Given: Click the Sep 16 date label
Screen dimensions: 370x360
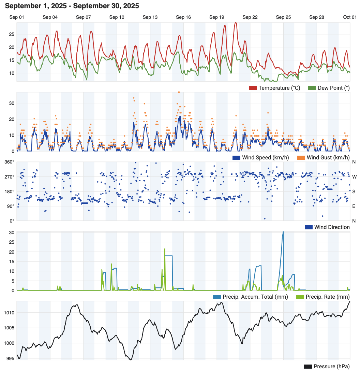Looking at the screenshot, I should [x=183, y=17].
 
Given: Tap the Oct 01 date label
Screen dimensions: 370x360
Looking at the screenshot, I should [x=350, y=17].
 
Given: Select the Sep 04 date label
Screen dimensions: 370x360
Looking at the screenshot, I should [x=50, y=17].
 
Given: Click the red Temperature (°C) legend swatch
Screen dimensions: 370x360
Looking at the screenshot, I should [x=253, y=88].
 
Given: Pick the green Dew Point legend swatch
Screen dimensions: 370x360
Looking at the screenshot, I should [x=312, y=88].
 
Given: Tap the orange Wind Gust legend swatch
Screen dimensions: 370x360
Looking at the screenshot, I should [x=301, y=158].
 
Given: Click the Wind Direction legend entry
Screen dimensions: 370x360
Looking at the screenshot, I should [x=327, y=227].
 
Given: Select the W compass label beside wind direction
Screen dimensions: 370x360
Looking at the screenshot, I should [x=354, y=177].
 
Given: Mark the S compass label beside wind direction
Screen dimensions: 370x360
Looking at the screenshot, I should [x=354, y=191].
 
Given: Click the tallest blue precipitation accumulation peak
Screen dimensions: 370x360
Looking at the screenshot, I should [x=283, y=232].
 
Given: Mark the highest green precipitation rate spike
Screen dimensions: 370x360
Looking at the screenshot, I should [x=165, y=249].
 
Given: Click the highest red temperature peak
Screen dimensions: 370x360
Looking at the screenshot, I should [x=236, y=23].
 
